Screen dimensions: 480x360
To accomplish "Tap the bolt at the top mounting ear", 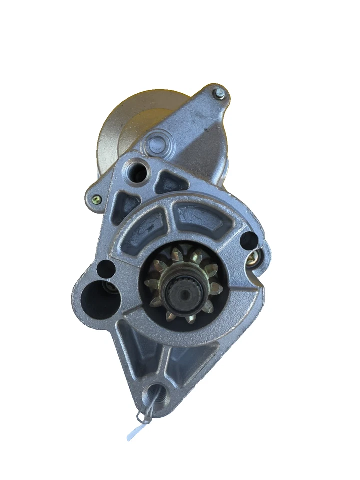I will pyautogui.click(x=219, y=93).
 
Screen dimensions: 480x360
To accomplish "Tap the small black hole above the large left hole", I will pyautogui.click(x=106, y=269).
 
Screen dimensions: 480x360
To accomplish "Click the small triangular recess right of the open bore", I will pyautogui.click(x=167, y=182).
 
